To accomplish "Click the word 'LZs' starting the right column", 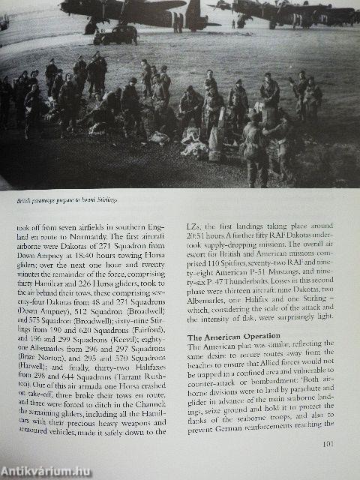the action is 193,223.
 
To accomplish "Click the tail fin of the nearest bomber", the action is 194,13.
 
